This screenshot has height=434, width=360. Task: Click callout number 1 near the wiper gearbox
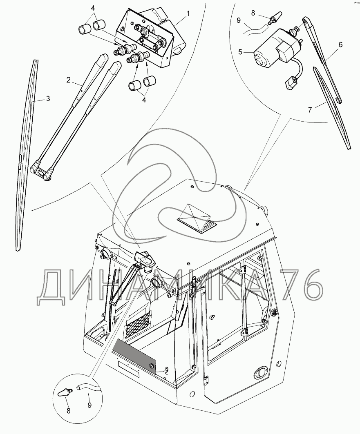click(188, 13)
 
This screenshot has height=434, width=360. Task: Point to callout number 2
click(68, 80)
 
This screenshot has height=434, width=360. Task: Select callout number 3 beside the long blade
click(48, 98)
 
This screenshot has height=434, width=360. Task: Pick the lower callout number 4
click(144, 100)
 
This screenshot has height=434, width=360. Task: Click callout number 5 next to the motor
click(241, 52)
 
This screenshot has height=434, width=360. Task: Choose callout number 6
click(340, 45)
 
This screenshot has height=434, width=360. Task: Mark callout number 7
click(310, 109)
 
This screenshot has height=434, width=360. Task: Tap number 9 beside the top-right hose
click(239, 20)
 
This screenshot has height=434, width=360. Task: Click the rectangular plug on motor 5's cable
click(290, 83)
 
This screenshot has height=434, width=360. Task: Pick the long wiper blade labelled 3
click(27, 155)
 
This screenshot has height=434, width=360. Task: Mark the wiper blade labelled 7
click(331, 108)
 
